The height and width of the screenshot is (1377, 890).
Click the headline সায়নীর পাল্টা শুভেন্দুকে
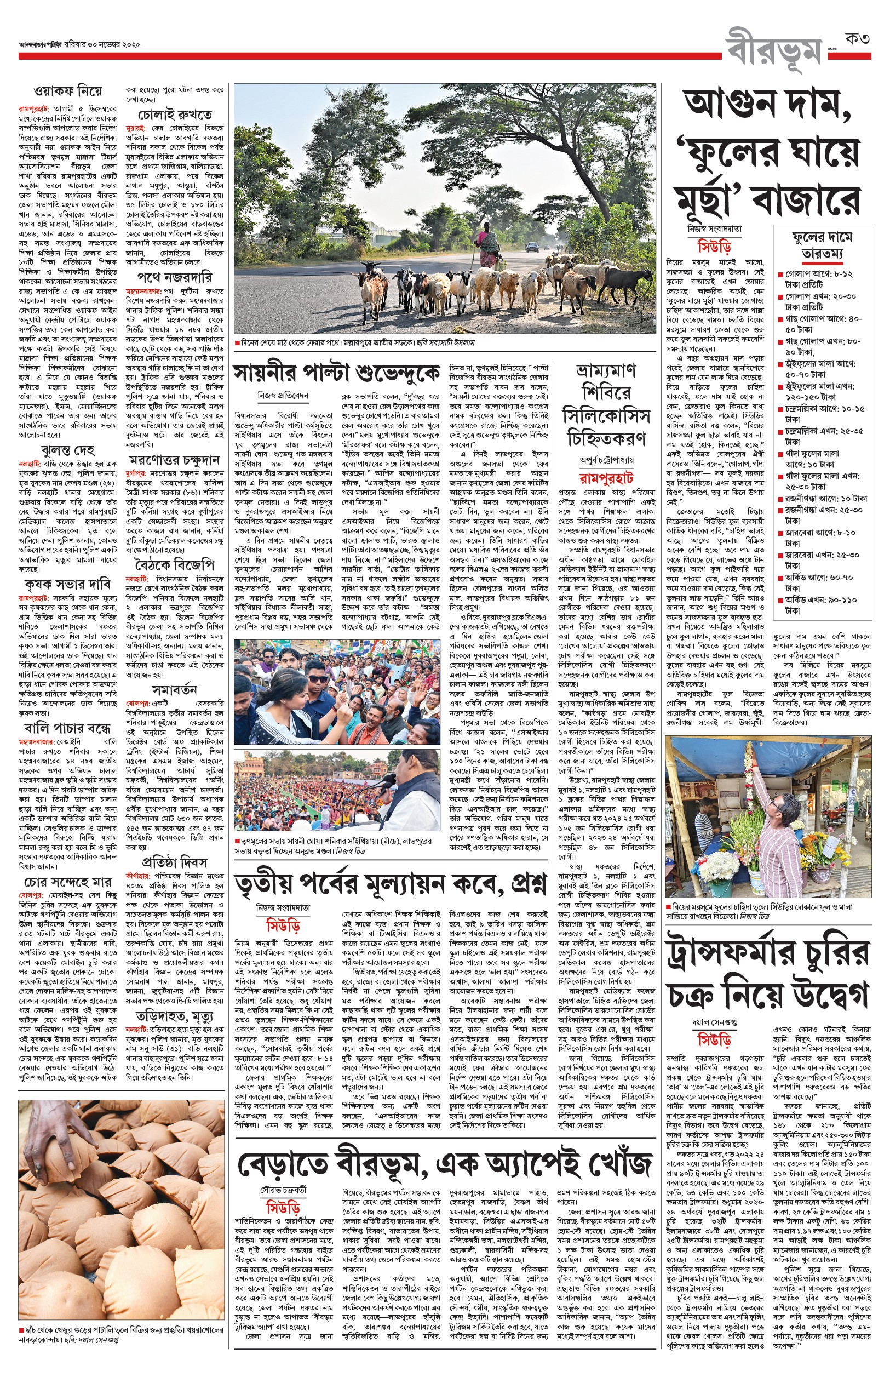point(336,373)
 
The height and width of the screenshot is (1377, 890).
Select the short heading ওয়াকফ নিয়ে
point(67,91)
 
